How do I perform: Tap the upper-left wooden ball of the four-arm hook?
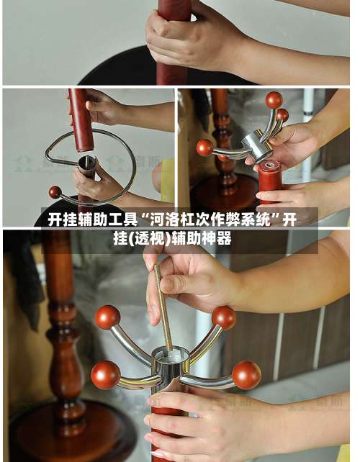pyautogui.click(x=108, y=317)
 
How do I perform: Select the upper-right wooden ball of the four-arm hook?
pyautogui.click(x=224, y=317)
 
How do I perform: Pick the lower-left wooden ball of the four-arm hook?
pyautogui.click(x=105, y=374)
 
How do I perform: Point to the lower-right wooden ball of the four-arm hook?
pyautogui.click(x=246, y=374)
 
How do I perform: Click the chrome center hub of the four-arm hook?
pyautogui.click(x=171, y=363)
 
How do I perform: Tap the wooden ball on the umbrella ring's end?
pyautogui.click(x=55, y=192)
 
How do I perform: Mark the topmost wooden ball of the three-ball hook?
pyautogui.click(x=274, y=99)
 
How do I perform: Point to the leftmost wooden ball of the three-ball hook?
pyautogui.click(x=205, y=148)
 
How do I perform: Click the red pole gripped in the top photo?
pyautogui.click(x=174, y=40)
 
